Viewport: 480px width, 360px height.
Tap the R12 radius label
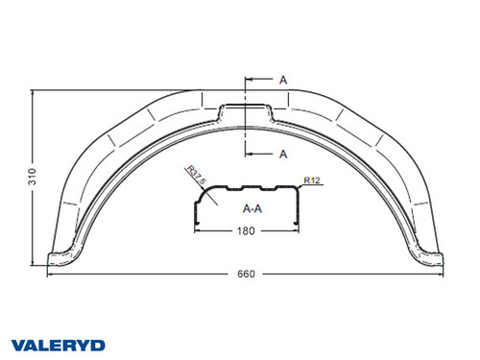coord(311,180)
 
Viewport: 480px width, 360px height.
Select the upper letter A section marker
coord(283,81)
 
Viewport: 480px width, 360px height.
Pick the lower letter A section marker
coord(283,153)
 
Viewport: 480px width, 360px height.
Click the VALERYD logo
coord(60,344)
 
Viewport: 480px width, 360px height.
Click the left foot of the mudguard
coord(60,257)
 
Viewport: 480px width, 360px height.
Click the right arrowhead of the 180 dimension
coord(300,230)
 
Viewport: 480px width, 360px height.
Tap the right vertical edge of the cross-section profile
coord(300,205)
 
